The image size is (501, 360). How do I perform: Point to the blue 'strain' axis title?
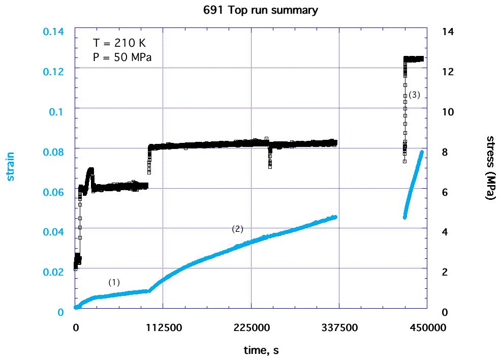pos(10,167)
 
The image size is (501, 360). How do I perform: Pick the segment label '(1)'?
pos(114,282)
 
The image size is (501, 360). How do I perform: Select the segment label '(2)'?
pos(237,229)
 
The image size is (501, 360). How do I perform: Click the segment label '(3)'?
pos(414,95)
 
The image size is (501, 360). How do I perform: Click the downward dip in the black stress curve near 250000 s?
pos(270,164)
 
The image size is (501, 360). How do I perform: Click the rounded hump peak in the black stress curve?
pos(91,170)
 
